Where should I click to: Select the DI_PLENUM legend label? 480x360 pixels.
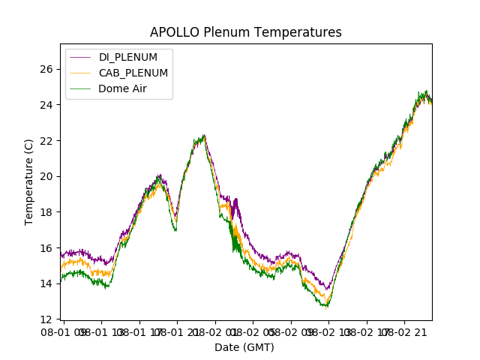tap(128, 58)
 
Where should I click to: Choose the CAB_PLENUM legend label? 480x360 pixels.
tap(133, 73)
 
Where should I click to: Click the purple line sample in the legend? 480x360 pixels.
tap(81, 58)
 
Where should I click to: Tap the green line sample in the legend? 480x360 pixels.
tap(81, 88)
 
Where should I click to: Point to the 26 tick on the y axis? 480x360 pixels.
tap(46, 69)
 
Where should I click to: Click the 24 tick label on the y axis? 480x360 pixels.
tap(46, 104)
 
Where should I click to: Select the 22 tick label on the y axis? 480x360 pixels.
tap(46, 140)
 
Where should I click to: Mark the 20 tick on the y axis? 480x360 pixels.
tap(46, 176)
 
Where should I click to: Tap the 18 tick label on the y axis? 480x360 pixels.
tap(46, 212)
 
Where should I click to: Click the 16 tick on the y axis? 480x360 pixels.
tap(46, 247)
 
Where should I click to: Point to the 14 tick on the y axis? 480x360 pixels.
tap(46, 283)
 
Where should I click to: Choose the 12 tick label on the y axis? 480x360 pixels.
tap(46, 319)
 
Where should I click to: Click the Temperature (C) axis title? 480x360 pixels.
tap(29, 181)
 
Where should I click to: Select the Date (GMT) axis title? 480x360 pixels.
tap(244, 347)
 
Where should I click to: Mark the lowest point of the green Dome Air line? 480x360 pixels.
tap(326, 307)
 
